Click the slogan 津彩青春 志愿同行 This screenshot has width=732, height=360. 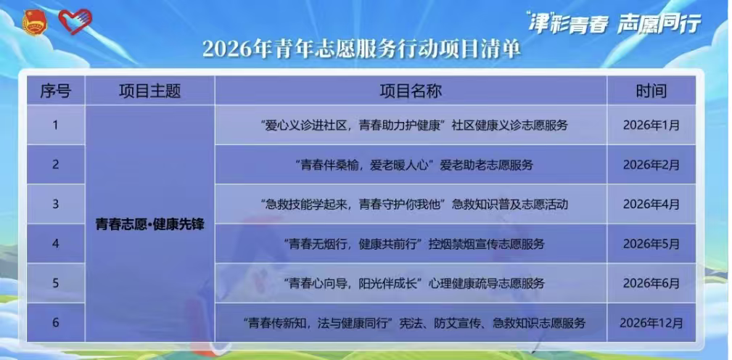click(614, 22)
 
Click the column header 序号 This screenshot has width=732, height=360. click(56, 91)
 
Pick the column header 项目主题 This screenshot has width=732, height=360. click(150, 91)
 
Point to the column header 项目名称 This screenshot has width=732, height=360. click(411, 91)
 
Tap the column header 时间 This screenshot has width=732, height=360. click(651, 91)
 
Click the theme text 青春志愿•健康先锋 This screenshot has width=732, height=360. click(150, 224)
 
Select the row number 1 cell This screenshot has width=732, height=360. click(56, 125)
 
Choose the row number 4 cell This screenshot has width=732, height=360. click(56, 244)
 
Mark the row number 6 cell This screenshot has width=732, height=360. click(56, 323)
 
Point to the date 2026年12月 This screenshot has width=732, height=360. click(651, 323)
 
